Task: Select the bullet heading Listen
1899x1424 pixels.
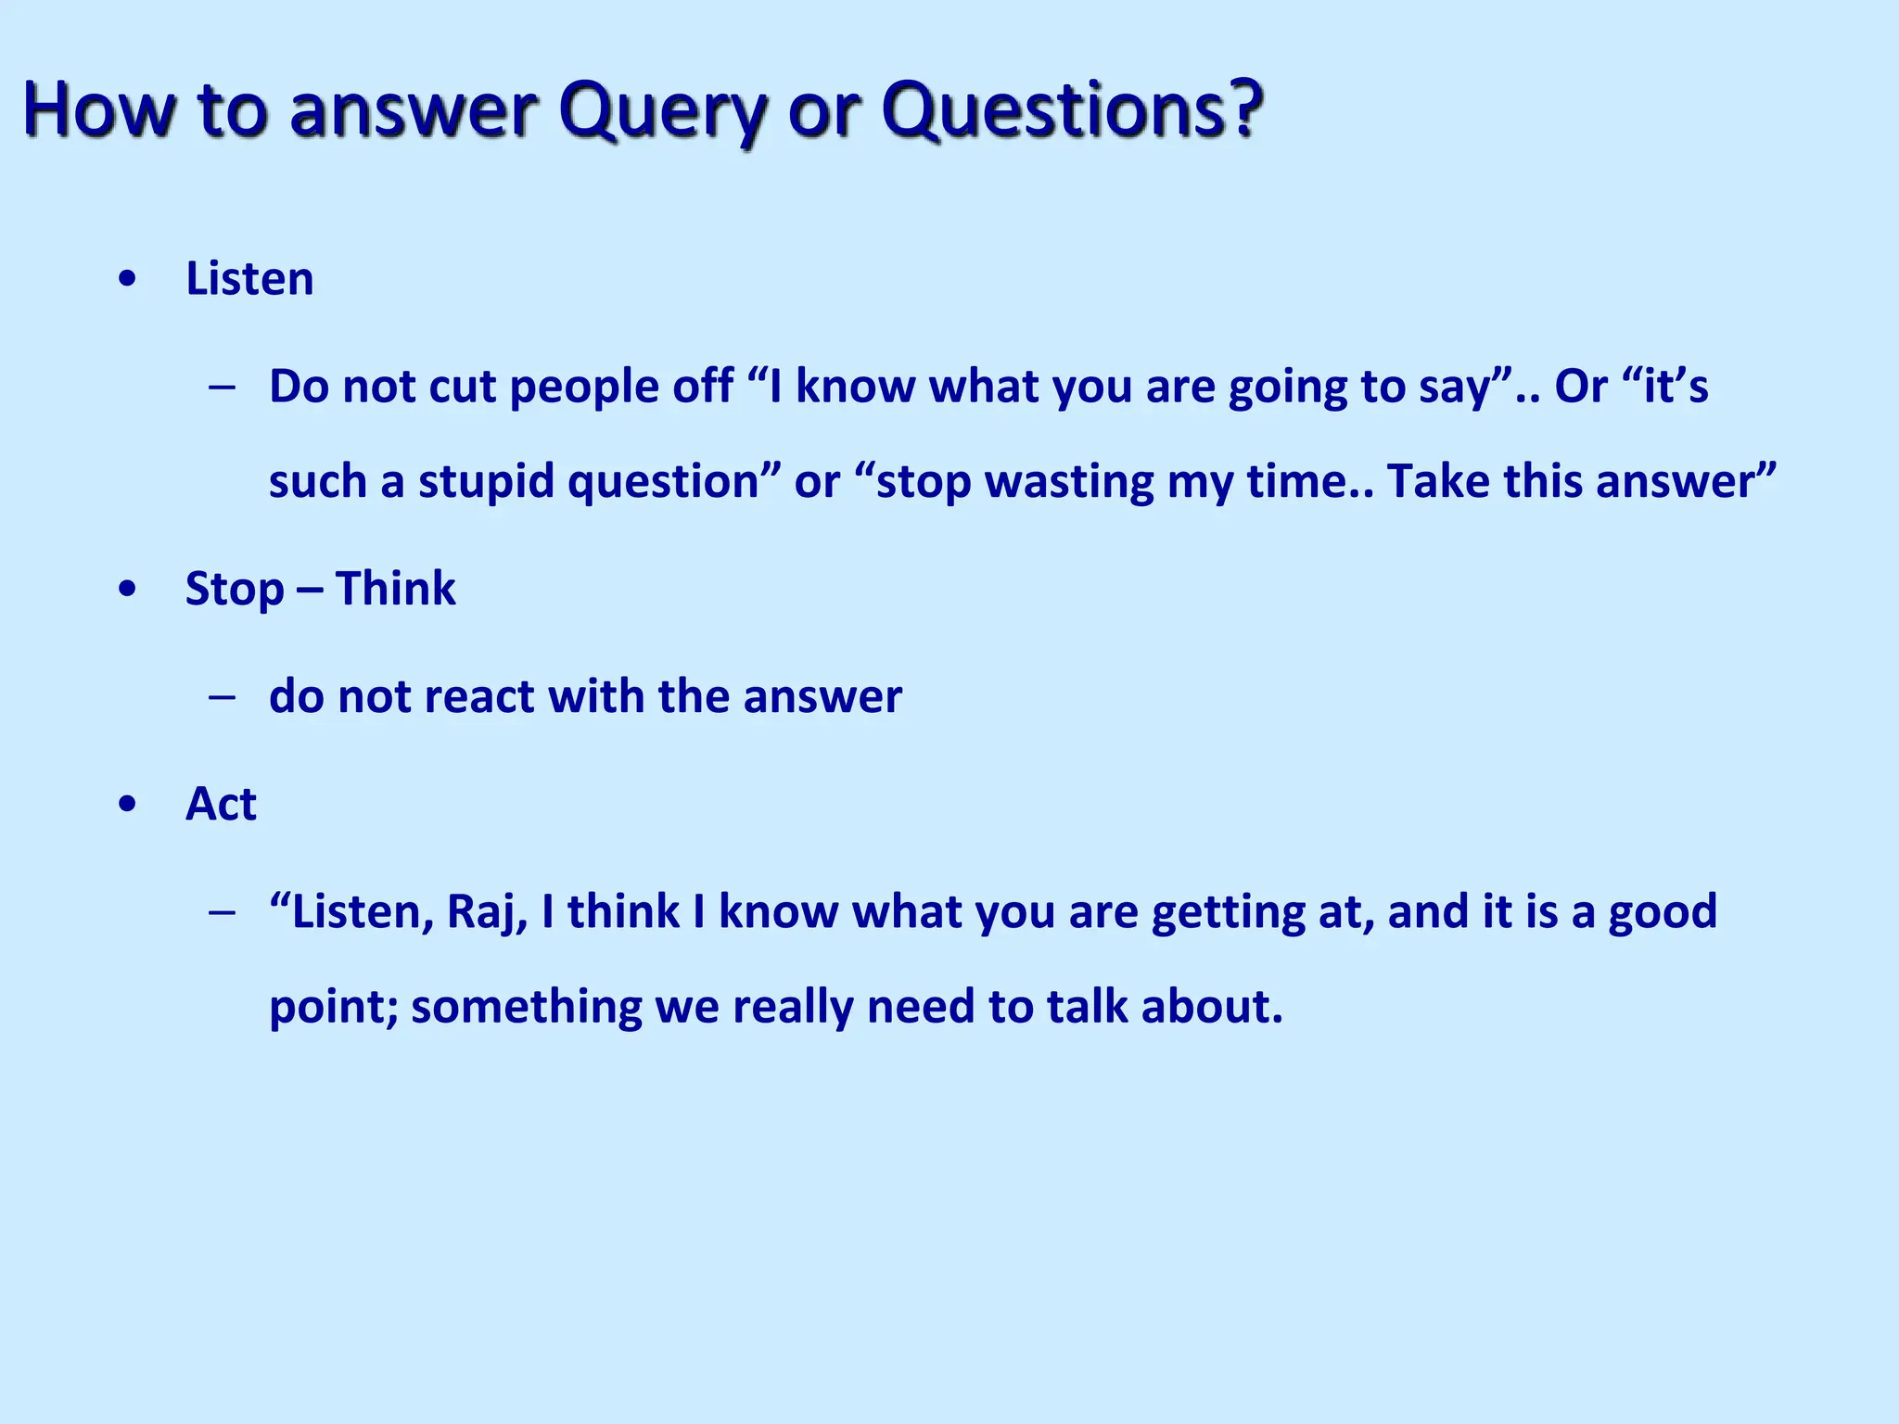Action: coord(249,278)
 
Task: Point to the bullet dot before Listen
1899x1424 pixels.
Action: coord(128,279)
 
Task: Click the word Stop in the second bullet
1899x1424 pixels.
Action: coord(235,590)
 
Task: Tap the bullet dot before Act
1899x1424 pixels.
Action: coord(128,804)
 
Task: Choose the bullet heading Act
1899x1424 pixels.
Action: coord(221,804)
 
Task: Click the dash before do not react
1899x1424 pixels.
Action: coord(222,696)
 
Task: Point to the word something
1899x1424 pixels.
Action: coord(527,1007)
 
